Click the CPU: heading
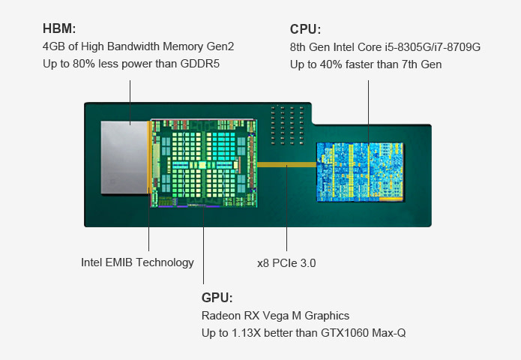305,29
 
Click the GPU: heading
217,297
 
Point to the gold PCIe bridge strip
286,163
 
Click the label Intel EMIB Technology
137,262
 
